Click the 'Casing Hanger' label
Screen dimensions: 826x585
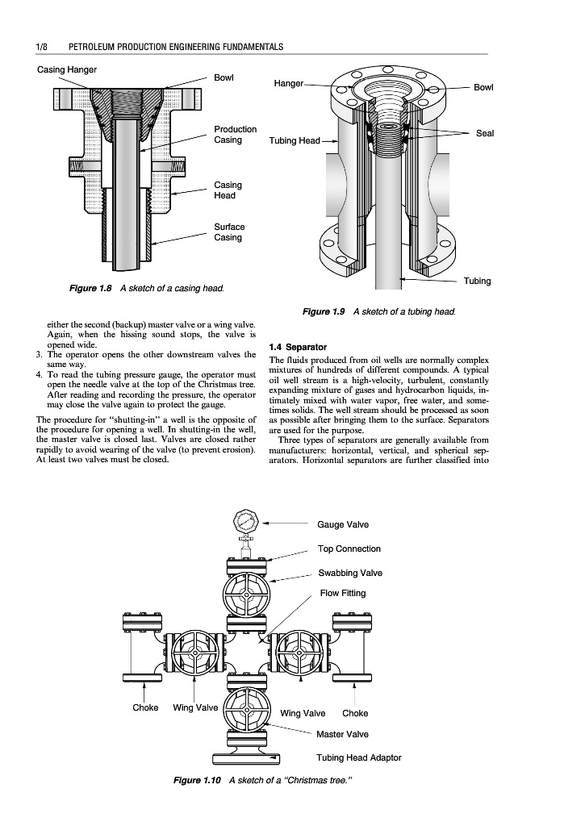67,69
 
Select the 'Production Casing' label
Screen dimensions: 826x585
235,135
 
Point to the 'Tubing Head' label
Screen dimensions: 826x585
295,141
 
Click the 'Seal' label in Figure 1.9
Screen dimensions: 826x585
485,133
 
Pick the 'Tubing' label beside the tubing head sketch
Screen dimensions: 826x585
477,281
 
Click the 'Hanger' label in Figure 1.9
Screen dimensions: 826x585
288,83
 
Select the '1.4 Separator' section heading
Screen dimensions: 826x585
303,348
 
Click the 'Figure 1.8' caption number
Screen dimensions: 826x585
89,289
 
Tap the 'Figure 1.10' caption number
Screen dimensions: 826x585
198,780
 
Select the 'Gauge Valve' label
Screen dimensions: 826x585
343,525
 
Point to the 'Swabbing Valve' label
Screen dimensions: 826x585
350,574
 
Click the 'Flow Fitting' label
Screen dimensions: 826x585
342,594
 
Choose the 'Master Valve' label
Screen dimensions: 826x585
342,734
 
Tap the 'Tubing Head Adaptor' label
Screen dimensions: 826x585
358,757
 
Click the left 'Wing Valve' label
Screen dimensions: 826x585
195,708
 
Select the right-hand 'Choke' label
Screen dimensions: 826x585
355,713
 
